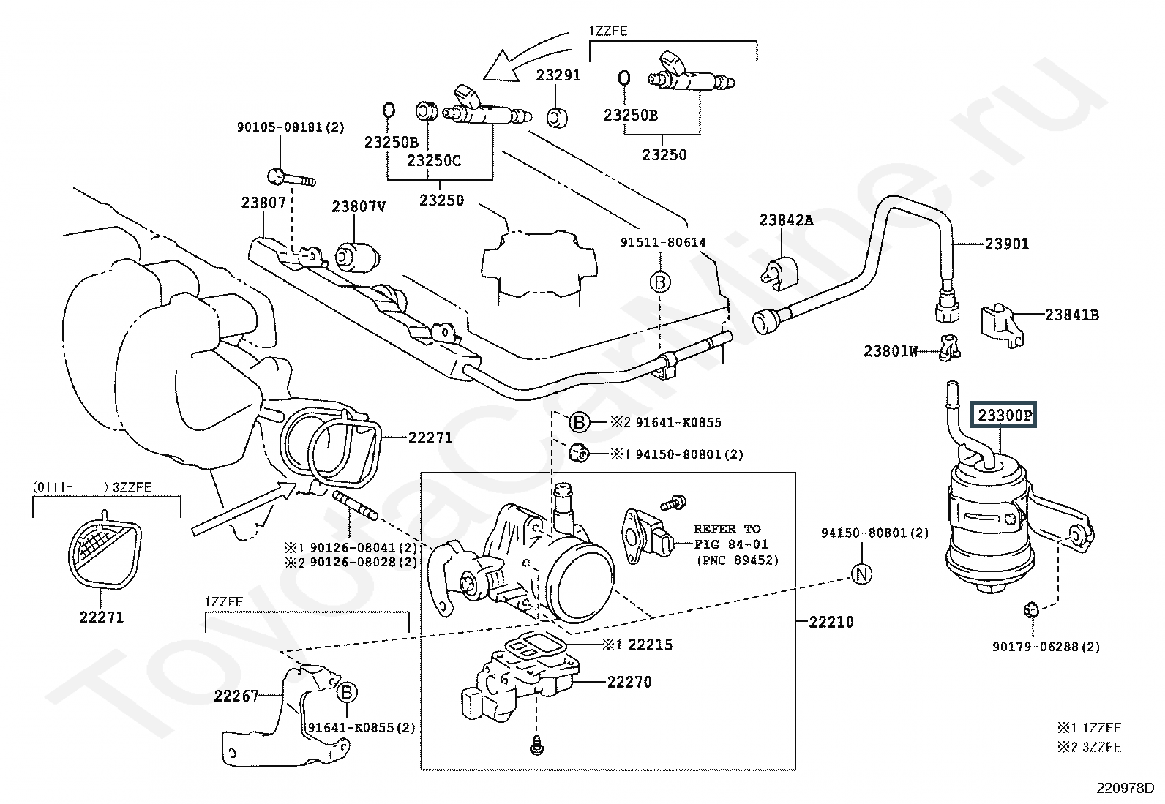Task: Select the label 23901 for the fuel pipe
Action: (x=1006, y=244)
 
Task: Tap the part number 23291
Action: (x=558, y=75)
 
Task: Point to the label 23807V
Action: (x=359, y=207)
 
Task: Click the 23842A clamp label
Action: (x=786, y=219)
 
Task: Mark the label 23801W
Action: (x=891, y=351)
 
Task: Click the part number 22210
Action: (x=831, y=622)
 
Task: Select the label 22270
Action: (x=629, y=682)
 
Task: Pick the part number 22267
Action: (x=236, y=696)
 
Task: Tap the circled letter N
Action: (x=863, y=574)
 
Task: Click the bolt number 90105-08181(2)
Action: (x=290, y=127)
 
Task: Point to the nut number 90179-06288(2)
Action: (x=1046, y=647)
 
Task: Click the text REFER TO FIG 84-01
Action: (x=727, y=536)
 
